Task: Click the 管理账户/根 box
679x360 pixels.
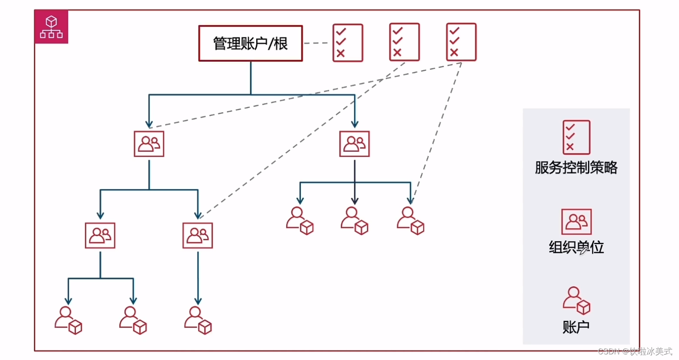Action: point(250,43)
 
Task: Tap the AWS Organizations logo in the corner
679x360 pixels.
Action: point(51,27)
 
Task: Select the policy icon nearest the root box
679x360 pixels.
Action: point(348,43)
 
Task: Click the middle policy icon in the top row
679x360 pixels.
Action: point(405,42)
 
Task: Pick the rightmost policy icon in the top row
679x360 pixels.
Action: point(461,42)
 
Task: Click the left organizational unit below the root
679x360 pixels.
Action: point(149,144)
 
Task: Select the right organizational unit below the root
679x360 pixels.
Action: point(355,144)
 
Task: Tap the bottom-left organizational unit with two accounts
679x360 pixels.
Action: point(100,236)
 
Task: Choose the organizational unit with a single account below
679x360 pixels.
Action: point(198,236)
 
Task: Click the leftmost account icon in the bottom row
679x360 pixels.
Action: point(68,320)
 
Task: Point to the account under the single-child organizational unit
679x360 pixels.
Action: point(198,320)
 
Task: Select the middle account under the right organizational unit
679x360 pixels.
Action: point(354,221)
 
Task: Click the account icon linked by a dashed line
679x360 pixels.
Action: point(410,221)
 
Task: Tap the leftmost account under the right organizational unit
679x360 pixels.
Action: point(300,221)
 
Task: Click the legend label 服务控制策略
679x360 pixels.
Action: point(576,167)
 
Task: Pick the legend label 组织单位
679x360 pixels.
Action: point(576,247)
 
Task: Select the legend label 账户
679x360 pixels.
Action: point(576,327)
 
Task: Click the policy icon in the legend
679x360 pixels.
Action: point(576,137)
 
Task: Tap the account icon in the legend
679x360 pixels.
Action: point(576,300)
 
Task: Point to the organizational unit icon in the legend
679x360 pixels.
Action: point(576,222)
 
